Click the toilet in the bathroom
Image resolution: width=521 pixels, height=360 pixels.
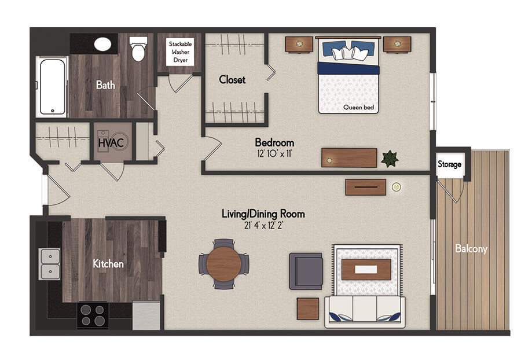point(138,49)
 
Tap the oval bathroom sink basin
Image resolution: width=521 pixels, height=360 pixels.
point(102,44)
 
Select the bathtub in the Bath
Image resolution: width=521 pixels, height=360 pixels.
point(52,87)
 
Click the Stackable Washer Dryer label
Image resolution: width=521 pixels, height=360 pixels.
point(181,52)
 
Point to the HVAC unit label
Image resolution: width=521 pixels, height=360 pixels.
point(111,143)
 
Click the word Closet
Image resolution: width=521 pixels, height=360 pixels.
point(232,80)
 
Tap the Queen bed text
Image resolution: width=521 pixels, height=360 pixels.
point(358,107)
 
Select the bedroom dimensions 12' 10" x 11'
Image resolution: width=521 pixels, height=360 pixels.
point(274,154)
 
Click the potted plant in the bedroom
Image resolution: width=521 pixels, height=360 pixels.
point(390,159)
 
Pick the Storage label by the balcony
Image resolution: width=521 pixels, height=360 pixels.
point(449,164)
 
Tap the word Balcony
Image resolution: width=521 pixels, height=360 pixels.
point(471,249)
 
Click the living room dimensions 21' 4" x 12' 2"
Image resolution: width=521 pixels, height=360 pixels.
point(263,226)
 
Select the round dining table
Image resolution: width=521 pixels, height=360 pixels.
point(223,265)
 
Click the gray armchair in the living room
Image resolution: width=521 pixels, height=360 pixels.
point(306,271)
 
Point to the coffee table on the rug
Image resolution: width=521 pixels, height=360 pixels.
point(366,269)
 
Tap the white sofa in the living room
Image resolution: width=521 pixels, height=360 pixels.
point(365,311)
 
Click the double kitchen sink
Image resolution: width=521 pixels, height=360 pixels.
point(50,264)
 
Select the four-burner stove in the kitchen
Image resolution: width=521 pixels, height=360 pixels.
point(93,315)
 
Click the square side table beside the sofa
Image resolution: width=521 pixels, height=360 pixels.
point(308,309)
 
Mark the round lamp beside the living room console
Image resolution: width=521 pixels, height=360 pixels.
point(396,187)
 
